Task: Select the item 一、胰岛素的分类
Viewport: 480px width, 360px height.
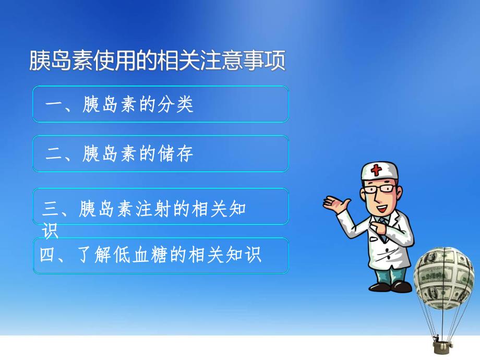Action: (120, 105)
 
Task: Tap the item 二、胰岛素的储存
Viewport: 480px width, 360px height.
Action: (120, 154)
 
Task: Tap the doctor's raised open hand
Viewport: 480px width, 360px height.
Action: (334, 203)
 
